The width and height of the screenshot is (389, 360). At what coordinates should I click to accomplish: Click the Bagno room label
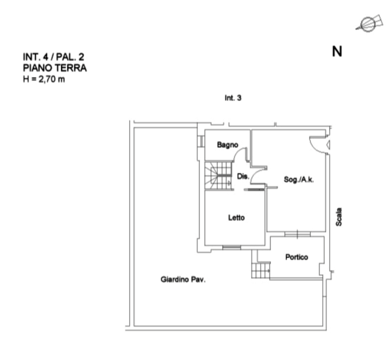227,145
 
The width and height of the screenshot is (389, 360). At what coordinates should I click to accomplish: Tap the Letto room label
237,218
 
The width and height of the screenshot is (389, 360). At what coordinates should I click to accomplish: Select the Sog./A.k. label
299,180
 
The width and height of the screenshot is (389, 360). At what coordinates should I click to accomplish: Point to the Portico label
297,257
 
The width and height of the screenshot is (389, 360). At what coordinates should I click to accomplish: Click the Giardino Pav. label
183,279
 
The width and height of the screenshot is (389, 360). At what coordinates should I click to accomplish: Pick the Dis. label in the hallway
243,176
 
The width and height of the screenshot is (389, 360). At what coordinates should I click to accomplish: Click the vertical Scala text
339,217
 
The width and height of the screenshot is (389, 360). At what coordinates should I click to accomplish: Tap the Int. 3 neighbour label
233,98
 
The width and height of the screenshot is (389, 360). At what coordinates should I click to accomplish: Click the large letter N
337,52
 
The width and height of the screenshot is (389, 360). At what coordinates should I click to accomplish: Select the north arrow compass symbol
369,24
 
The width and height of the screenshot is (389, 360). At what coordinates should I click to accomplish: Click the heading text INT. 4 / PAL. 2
54,57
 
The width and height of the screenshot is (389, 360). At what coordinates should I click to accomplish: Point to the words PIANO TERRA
55,68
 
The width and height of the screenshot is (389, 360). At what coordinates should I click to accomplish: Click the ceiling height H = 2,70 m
44,79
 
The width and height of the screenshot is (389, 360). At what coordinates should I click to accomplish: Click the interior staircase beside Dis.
218,175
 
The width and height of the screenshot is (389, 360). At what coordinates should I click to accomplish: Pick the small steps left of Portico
260,270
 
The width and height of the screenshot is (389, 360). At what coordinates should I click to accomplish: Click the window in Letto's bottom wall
231,247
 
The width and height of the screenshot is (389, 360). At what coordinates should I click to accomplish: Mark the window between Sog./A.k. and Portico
297,234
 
